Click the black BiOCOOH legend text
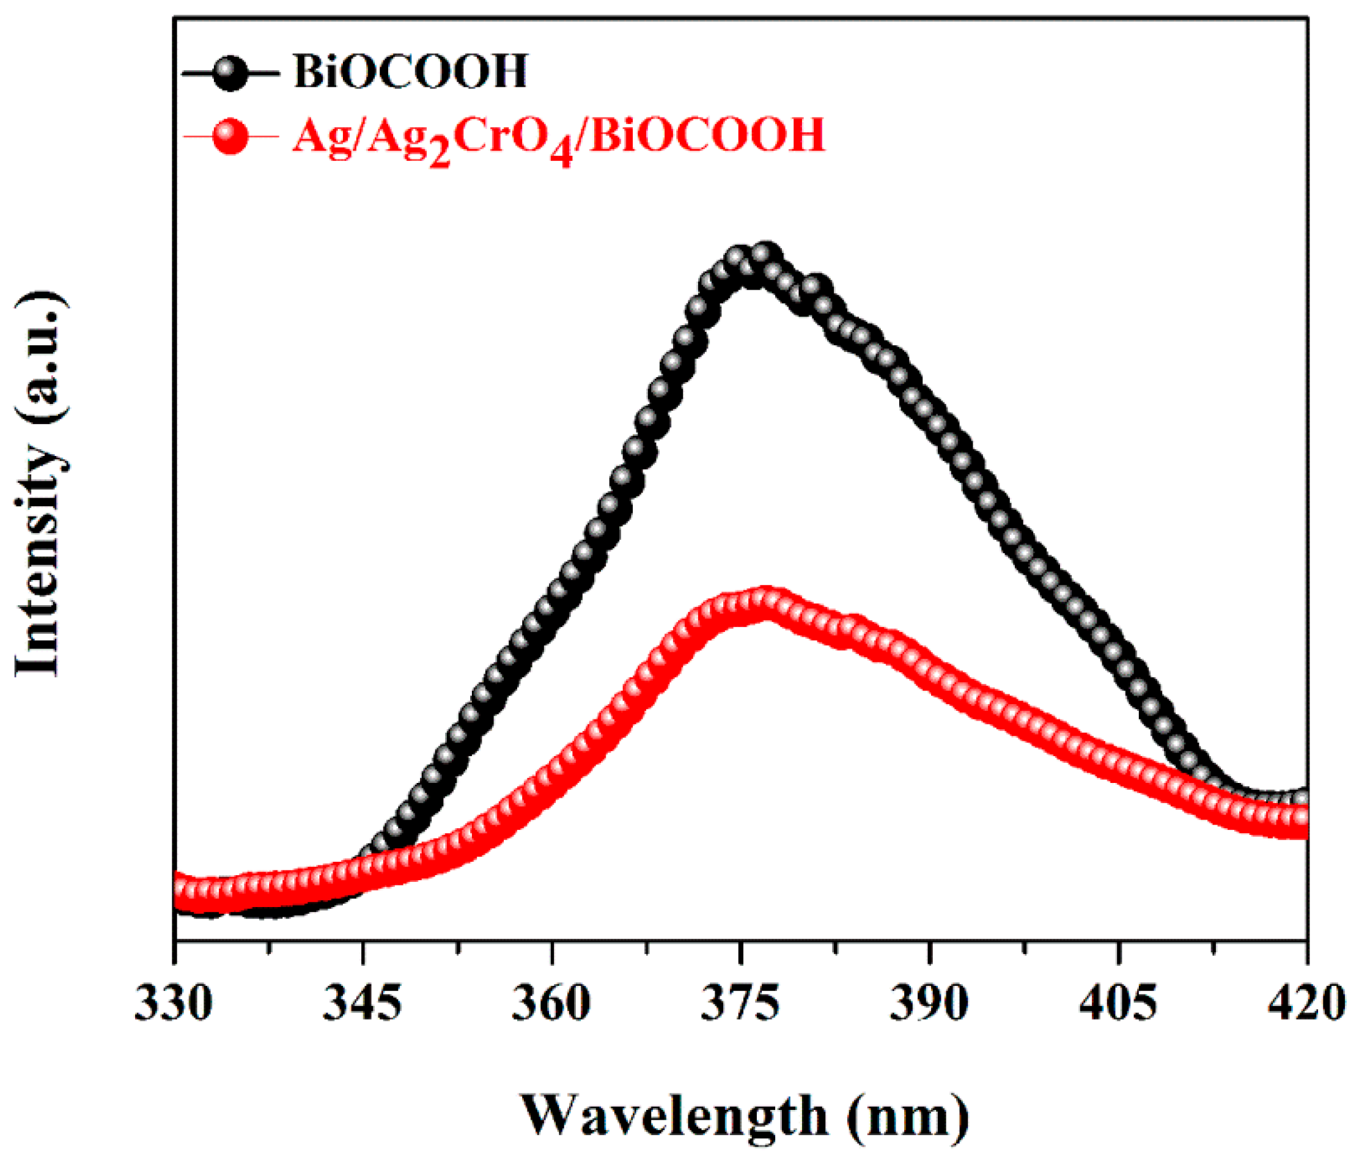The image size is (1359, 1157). coord(411,72)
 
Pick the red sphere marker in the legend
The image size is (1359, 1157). coord(230,137)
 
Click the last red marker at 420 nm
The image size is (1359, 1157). coord(1302,818)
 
